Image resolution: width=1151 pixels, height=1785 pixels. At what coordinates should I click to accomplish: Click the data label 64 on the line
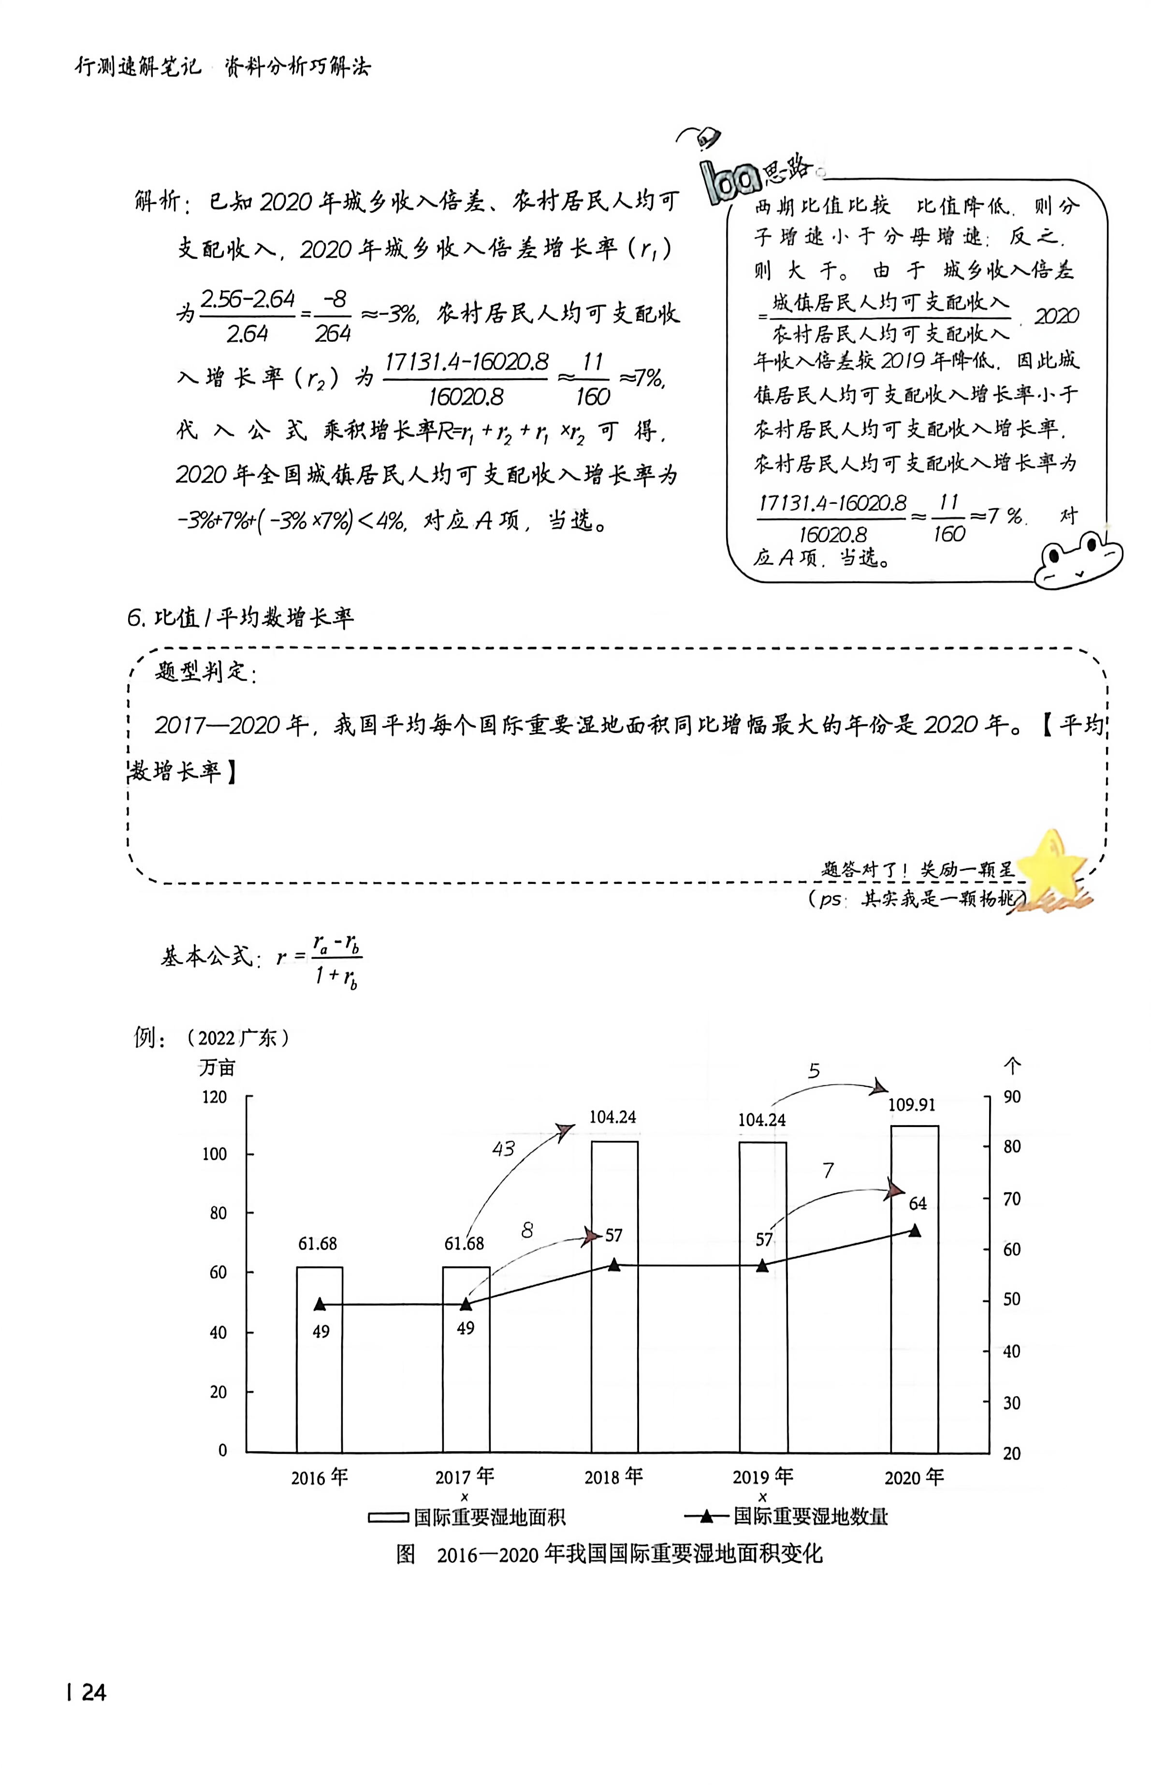pyautogui.click(x=917, y=1203)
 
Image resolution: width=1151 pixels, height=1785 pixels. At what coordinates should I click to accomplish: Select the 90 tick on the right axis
pyautogui.click(x=1012, y=1097)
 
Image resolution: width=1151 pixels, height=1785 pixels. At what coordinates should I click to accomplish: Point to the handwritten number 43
pyautogui.click(x=504, y=1149)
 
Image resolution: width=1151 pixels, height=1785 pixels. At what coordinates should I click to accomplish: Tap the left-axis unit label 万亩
pyautogui.click(x=217, y=1068)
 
